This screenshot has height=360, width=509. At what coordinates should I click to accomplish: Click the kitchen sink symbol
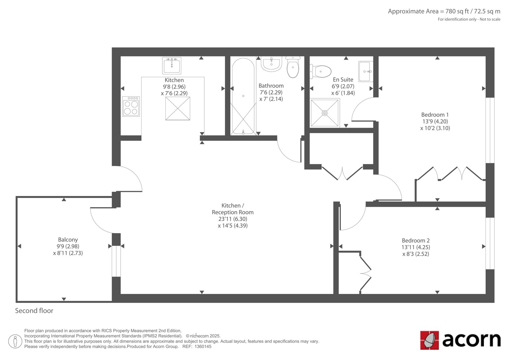172,66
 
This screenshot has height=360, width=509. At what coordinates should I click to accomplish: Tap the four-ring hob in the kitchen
131,106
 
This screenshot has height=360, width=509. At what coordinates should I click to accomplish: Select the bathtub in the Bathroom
243,96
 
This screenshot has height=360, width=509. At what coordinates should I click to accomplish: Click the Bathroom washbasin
271,64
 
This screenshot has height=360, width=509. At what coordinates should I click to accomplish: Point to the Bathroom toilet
293,67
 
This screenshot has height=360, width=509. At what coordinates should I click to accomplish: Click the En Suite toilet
320,71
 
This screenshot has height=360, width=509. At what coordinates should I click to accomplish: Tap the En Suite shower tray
325,113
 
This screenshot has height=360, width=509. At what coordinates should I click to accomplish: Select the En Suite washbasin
366,71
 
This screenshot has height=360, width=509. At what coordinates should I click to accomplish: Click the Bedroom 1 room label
435,115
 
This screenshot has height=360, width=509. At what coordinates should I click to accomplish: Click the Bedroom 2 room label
415,240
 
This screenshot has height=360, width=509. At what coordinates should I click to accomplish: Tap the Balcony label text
68,240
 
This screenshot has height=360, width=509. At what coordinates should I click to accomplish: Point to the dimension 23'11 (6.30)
233,219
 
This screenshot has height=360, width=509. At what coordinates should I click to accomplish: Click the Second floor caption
34,311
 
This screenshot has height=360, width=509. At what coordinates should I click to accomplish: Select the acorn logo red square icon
429,340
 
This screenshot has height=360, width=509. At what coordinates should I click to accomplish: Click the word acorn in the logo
471,340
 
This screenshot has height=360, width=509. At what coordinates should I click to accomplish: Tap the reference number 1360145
203,347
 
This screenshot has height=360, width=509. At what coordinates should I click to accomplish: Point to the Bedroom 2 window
490,243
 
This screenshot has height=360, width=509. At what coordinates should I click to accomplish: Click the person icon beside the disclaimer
15,341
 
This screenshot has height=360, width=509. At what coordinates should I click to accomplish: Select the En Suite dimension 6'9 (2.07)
343,86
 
